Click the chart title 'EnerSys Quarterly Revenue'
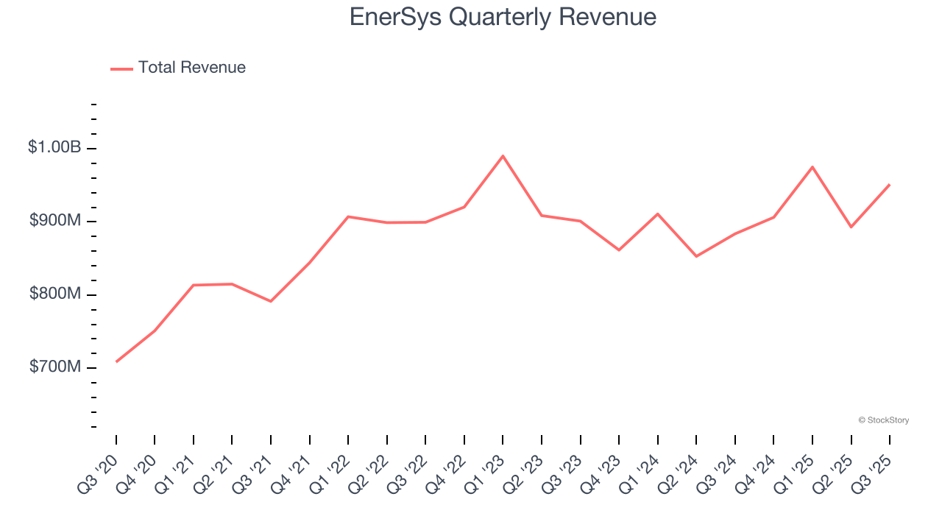click(503, 17)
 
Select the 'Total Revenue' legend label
click(191, 68)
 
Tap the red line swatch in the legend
click(121, 68)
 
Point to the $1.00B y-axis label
click(54, 147)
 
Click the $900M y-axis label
click(55, 221)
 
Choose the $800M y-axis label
click(55, 294)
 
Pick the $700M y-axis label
click(55, 367)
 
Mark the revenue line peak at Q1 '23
click(503, 156)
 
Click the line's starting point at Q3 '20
click(116, 361)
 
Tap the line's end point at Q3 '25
click(889, 185)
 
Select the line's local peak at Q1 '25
click(812, 167)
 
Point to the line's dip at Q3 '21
click(271, 301)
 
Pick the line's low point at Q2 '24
click(696, 256)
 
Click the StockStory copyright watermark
click(883, 420)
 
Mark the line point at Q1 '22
click(348, 216)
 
